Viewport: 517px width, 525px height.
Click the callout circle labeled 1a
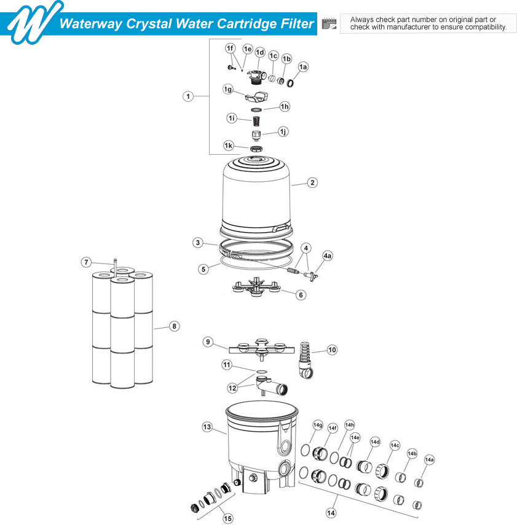coord(303,66)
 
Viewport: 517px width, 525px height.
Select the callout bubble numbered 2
coord(312,182)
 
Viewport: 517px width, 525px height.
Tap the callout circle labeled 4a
coord(327,255)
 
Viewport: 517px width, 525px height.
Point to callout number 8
coord(175,326)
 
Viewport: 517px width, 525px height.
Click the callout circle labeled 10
coord(332,350)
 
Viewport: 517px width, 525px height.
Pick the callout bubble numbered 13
coord(207,426)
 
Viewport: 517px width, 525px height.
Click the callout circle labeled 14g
coord(318,425)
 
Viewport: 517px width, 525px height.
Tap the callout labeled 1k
coord(229,146)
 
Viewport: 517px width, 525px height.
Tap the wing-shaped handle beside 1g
coord(257,96)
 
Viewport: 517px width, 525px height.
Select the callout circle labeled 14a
coord(429,459)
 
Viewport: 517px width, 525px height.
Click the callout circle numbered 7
coord(87,262)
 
